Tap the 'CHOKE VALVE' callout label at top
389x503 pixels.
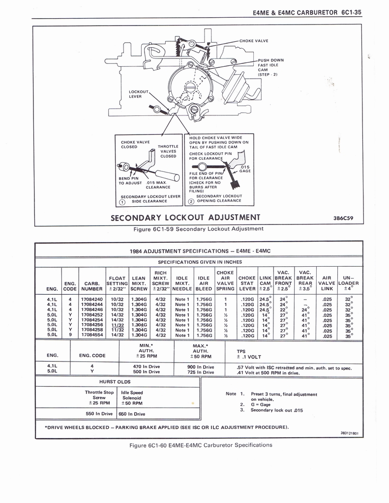pyautogui.click(x=254, y=41)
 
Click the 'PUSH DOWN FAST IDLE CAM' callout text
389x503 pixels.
pyautogui.click(x=271, y=67)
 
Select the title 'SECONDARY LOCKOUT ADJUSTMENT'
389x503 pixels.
pyautogui.click(x=185, y=218)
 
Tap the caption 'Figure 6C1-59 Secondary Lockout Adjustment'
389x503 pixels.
pyautogui.click(x=199, y=228)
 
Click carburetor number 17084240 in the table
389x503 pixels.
pyautogui.click(x=92, y=299)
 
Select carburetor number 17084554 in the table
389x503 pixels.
pyautogui.click(x=92, y=335)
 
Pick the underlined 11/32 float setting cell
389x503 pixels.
pyautogui.click(x=117, y=325)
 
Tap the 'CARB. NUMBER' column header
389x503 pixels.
pyautogui.click(x=92, y=286)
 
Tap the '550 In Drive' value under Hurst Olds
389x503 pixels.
pyautogui.click(x=100, y=414)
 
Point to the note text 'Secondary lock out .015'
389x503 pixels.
pyautogui.click(x=276, y=410)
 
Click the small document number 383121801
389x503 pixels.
pyautogui.click(x=349, y=433)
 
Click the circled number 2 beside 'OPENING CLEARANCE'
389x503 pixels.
pyautogui.click(x=191, y=200)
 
